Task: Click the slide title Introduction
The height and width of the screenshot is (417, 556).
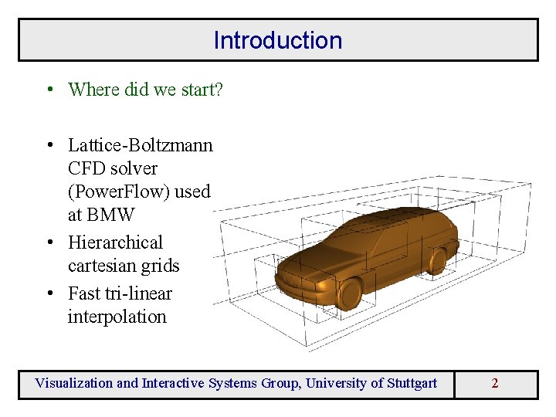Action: (x=277, y=40)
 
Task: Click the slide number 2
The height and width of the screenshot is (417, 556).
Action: (x=494, y=383)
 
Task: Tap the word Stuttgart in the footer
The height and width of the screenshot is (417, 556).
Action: (x=408, y=383)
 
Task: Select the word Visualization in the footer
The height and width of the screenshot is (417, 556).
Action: (x=73, y=383)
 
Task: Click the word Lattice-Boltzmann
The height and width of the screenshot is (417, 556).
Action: (x=140, y=145)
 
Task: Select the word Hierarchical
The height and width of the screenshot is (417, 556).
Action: (x=115, y=242)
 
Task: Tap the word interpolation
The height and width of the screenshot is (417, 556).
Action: (x=117, y=317)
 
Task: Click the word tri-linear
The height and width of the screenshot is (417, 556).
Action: (x=137, y=293)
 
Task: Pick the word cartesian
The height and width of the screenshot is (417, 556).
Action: (x=100, y=266)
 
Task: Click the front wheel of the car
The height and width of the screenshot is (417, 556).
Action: (x=350, y=293)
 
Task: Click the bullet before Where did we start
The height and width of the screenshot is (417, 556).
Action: (x=48, y=90)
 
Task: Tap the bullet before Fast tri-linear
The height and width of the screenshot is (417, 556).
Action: (x=48, y=293)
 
